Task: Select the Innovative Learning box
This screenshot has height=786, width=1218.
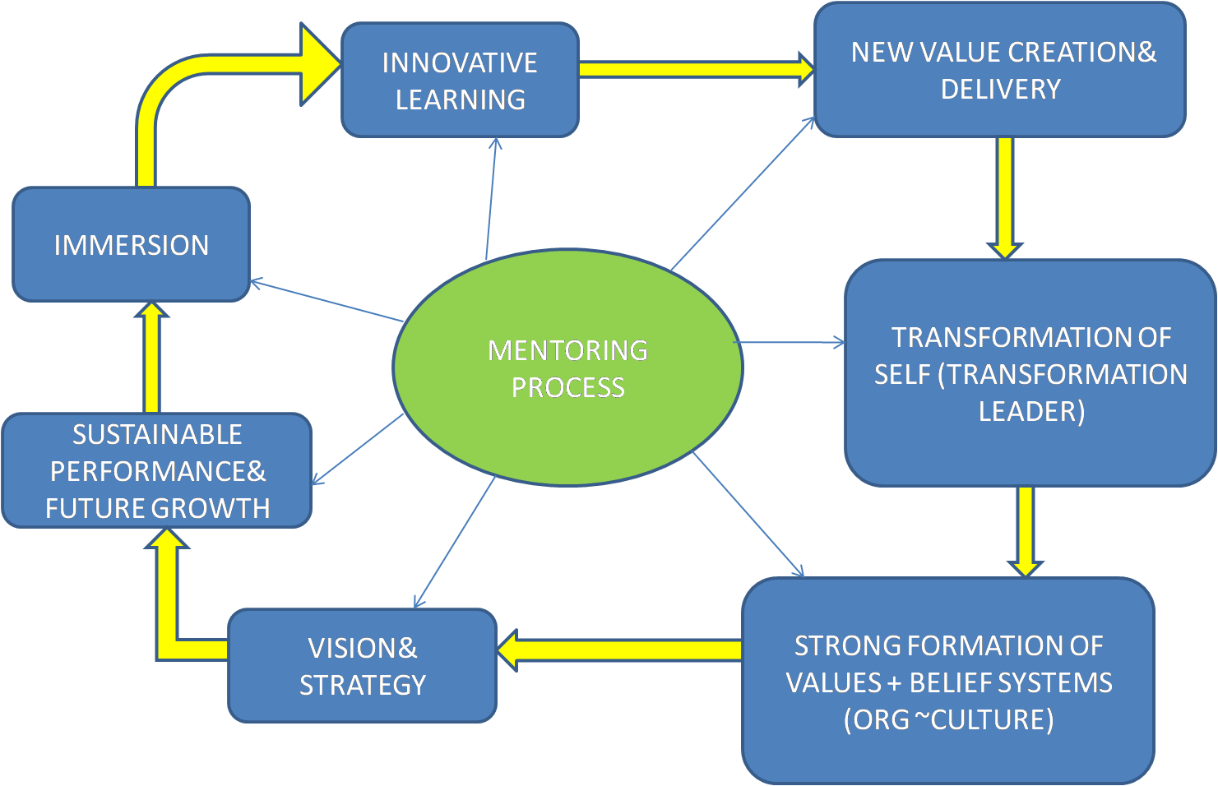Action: click(x=460, y=80)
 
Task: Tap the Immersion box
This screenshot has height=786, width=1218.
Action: click(x=131, y=244)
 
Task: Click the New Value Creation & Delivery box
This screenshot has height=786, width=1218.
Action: click(x=999, y=70)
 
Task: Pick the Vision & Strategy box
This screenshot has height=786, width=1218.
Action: click(x=362, y=665)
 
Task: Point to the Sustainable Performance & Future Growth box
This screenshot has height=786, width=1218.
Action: click(x=156, y=470)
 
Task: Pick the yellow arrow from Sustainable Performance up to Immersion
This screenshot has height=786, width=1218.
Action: click(x=151, y=358)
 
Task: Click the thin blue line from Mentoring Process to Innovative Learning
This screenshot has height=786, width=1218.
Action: click(x=491, y=197)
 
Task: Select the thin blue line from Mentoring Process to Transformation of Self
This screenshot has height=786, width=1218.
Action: click(x=790, y=342)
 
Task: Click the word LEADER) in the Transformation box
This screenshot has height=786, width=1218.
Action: click(x=1031, y=411)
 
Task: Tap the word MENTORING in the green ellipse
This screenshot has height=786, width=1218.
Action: click(x=567, y=350)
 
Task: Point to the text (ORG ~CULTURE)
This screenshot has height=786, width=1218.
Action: click(x=948, y=719)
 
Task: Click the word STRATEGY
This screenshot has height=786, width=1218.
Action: click(x=362, y=685)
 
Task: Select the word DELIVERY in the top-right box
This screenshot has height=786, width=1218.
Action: click(x=1000, y=89)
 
